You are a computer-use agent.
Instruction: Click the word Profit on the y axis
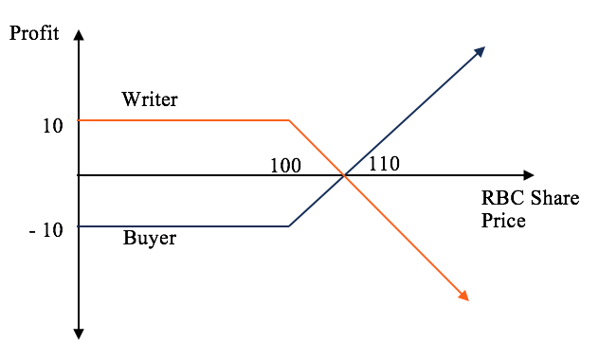(33, 33)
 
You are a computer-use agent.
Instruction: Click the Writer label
(150, 99)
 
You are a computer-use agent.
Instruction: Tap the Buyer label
(150, 238)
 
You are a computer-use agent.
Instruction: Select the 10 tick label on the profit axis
(52, 125)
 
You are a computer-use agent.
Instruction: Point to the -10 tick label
(46, 230)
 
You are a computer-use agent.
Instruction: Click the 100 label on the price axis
(284, 166)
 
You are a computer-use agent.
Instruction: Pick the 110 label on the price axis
(384, 163)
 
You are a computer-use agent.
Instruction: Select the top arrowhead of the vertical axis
(79, 35)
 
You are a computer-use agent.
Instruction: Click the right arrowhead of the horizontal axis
(528, 175)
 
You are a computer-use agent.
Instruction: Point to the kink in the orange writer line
(289, 120)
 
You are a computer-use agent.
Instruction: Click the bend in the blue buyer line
(289, 226)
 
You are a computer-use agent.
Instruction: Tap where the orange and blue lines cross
(343, 175)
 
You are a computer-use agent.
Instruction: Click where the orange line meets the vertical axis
(79, 120)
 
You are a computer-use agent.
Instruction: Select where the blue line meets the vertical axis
(79, 226)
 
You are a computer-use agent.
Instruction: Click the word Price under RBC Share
(502, 222)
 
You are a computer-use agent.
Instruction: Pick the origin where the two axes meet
(79, 175)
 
